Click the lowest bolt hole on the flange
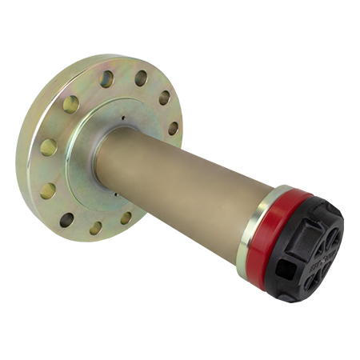click(95, 227)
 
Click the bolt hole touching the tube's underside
click(126, 217)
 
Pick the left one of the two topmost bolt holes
click(106, 79)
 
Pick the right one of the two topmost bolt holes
click(141, 78)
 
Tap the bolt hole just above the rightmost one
click(164, 98)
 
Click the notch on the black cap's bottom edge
click(285, 298)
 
